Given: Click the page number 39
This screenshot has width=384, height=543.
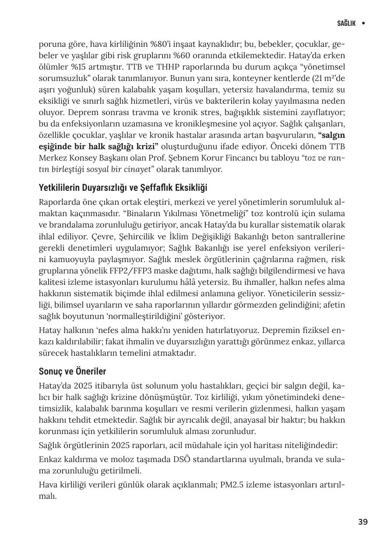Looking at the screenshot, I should click(363, 522).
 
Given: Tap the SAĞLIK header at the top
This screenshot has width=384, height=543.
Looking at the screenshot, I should click(346, 23).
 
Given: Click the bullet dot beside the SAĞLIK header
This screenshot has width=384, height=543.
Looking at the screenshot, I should click(363, 23).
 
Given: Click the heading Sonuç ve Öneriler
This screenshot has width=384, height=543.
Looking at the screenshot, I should click(72, 371).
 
